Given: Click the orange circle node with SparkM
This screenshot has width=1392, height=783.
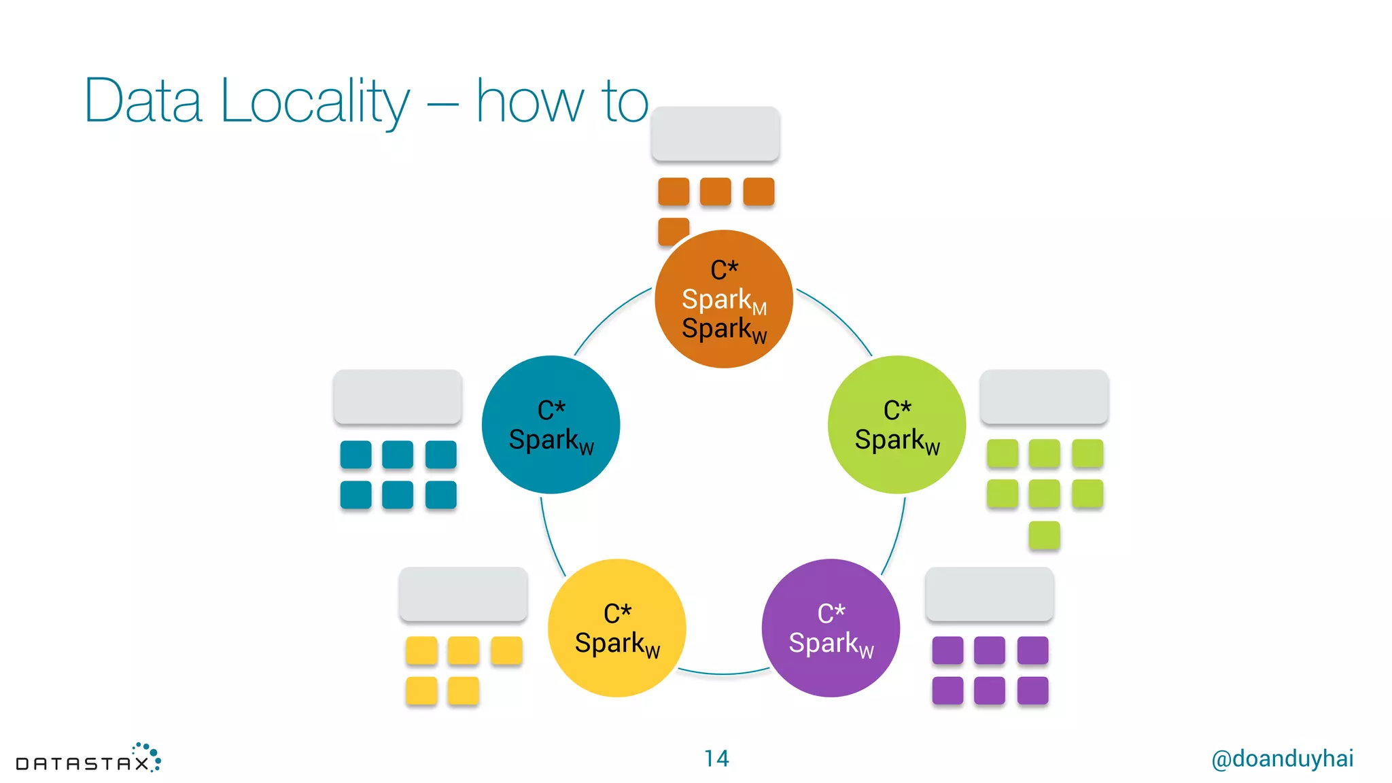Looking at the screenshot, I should pyautogui.click(x=723, y=299).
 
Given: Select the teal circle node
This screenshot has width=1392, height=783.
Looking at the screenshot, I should pyautogui.click(x=551, y=425).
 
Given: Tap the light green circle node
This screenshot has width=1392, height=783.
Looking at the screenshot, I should pyautogui.click(x=897, y=425).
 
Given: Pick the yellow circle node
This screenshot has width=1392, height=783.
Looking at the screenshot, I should pyautogui.click(x=616, y=628).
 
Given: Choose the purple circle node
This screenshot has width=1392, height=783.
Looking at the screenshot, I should pyautogui.click(x=831, y=628).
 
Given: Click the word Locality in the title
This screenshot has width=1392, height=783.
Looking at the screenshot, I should pyautogui.click(x=315, y=102).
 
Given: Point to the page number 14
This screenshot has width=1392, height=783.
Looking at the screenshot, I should pyautogui.click(x=716, y=759).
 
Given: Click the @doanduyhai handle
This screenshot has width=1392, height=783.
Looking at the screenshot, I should pyautogui.click(x=1282, y=759).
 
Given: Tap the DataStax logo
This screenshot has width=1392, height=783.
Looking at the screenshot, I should pyautogui.click(x=88, y=759).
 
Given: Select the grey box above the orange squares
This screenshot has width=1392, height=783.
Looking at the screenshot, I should pyautogui.click(x=715, y=134).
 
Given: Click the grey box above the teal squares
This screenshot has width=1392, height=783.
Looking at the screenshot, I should pyautogui.click(x=398, y=397).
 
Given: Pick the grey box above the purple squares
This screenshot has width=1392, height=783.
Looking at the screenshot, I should pyautogui.click(x=989, y=594).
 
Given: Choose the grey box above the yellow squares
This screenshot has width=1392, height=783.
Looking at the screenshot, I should pyautogui.click(x=463, y=594).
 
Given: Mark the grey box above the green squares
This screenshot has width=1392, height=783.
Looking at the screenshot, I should pyautogui.click(x=1044, y=397).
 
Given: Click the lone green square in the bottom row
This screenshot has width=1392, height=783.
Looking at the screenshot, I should pyautogui.click(x=1044, y=535).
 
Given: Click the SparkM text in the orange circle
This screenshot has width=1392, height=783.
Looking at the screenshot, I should pyautogui.click(x=723, y=300).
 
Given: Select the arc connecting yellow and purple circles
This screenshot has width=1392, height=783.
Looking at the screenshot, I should pyautogui.click(x=723, y=673).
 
